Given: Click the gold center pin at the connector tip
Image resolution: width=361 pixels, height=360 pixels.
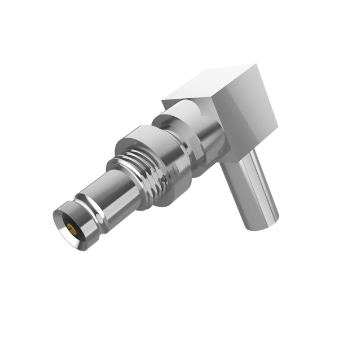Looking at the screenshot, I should (x=72, y=229).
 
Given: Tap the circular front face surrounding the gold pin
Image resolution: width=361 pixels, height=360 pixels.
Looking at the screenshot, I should (x=66, y=223).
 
